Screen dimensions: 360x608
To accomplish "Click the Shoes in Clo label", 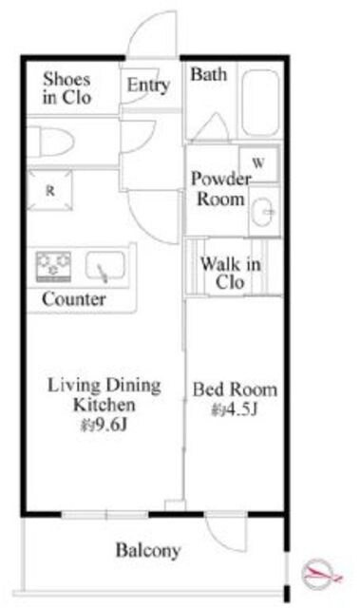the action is tap(67, 88).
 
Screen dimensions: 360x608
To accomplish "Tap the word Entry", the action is tap(148, 85).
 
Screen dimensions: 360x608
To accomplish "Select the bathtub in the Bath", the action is tap(260, 104).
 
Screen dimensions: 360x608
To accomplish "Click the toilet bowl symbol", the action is tap(50, 142).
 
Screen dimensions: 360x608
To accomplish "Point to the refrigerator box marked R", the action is tap(49, 190).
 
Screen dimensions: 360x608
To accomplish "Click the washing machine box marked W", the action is tap(258, 164).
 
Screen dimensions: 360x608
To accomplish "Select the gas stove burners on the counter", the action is tap(53, 266).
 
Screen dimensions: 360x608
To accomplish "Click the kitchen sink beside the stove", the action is tap(105, 266).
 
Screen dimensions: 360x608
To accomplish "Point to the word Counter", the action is tap(74, 299).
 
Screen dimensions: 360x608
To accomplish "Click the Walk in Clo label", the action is tap(230, 274).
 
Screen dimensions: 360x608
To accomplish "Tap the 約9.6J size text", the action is tap(104, 425).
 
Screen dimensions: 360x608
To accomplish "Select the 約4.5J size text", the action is tap(235, 409).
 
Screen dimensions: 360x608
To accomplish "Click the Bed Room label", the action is tap(235, 389).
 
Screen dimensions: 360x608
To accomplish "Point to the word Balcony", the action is tap(148, 551).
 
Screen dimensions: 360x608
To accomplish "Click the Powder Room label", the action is tap(221, 189).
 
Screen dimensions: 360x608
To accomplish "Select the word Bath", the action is tap(208, 74).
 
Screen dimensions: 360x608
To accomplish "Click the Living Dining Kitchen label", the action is tap(104, 395).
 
